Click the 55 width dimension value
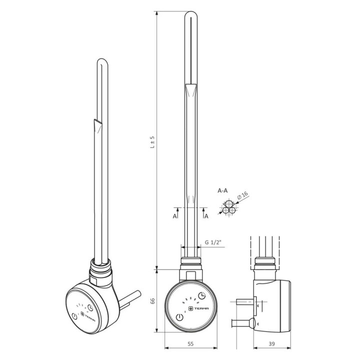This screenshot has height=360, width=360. coord(190,343)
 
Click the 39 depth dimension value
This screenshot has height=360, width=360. coord(271,343)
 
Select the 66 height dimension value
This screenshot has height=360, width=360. coord(152,301)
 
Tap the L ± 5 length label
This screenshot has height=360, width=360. coord(152,142)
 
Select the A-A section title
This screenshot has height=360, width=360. coord(222,190)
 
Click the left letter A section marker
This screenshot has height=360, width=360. coord(174,216)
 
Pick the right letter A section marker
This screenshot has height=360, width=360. coord(206,216)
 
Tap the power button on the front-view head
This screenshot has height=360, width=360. coord(179,318)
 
